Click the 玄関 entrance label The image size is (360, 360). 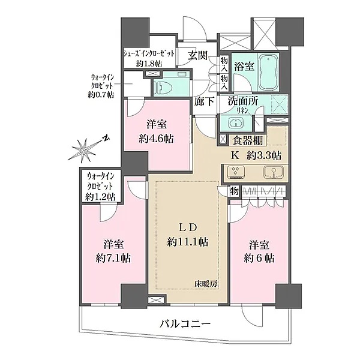point(198,55)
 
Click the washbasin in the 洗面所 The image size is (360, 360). point(236,124)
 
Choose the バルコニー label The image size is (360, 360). point(185,324)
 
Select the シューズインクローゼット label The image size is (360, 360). point(149,52)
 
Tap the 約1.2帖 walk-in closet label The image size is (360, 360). point(100,196)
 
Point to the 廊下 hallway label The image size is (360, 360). point(205,101)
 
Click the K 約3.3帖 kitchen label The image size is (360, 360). point(253,155)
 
